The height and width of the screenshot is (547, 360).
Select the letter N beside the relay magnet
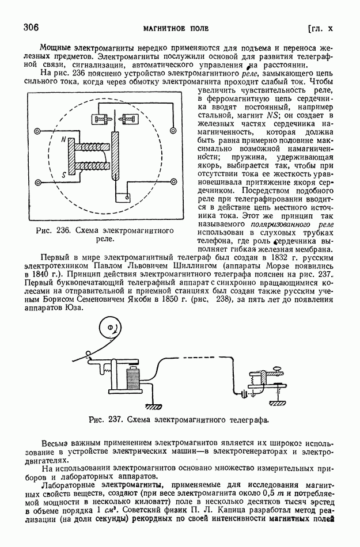tap(63, 139)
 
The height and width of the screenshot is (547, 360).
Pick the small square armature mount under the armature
tap(121, 197)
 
